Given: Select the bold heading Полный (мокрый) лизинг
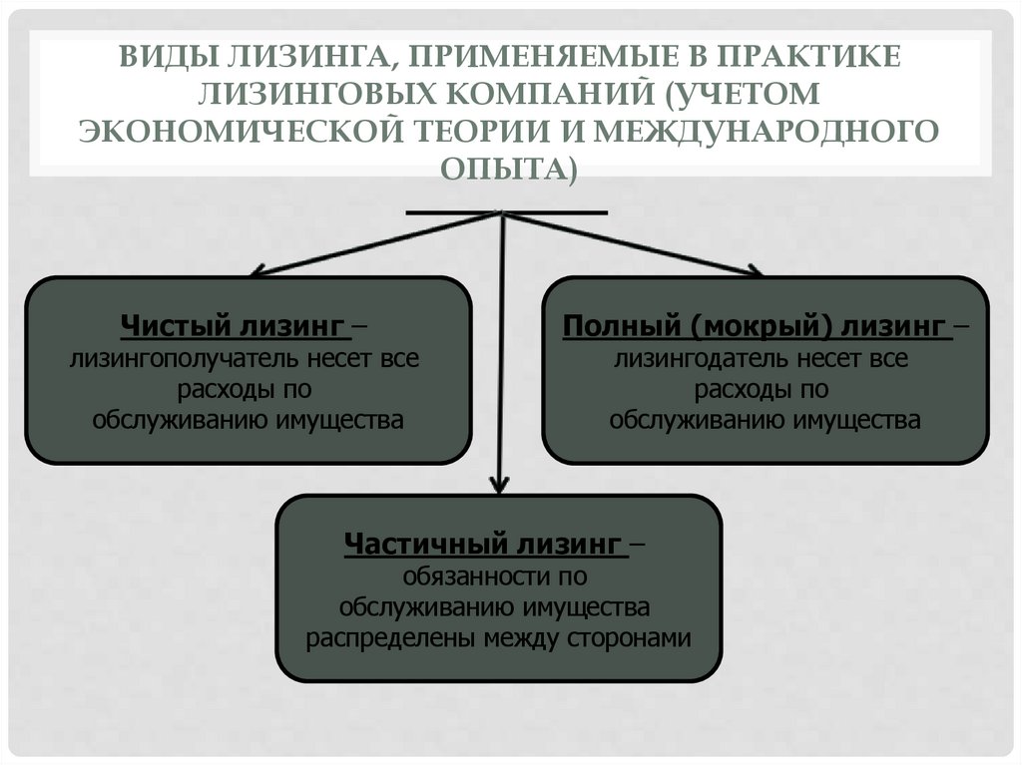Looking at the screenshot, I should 755,326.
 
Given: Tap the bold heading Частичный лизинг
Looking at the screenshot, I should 484,545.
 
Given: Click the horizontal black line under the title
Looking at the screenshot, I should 507,212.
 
